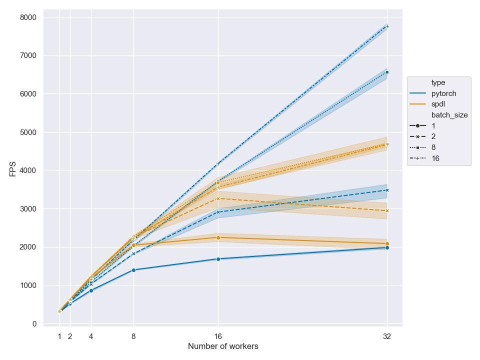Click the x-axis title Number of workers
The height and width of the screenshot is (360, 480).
(223, 346)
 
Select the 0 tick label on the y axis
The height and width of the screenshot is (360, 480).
(34, 324)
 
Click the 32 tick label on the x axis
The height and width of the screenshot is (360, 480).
(387, 336)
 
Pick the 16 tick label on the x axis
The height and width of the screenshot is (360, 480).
(218, 336)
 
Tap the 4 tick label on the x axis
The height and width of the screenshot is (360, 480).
(91, 336)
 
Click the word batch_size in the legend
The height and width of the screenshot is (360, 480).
(449, 115)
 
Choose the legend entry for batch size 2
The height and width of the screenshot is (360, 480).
(433, 136)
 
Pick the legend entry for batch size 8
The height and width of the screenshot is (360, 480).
(433, 147)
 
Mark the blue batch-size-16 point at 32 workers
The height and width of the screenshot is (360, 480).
(387, 26)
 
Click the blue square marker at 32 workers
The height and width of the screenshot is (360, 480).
(387, 72)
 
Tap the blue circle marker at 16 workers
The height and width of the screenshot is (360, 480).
(218, 259)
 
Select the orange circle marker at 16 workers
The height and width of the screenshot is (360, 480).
(218, 237)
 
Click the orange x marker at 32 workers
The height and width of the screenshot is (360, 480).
(387, 210)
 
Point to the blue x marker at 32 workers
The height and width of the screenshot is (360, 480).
(387, 190)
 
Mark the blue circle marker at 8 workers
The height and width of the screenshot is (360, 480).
(133, 270)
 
